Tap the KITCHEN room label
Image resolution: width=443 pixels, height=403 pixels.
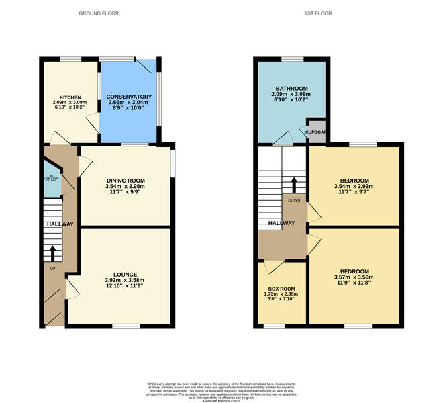tap(70, 97)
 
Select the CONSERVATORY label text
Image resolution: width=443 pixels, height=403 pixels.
tap(129, 97)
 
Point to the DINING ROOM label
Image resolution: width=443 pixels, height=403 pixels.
tap(126, 181)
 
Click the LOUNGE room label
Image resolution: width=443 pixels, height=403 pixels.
tap(126, 275)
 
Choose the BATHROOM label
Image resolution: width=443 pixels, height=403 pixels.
tap(289, 89)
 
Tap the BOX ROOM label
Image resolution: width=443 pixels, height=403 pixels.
tap(282, 289)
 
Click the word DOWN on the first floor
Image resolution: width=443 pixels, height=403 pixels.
tap(293, 199)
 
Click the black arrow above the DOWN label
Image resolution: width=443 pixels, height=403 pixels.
tap(293, 185)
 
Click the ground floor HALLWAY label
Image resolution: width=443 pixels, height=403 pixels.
tap(59, 224)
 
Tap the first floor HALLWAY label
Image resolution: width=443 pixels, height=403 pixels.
tap(282, 224)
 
